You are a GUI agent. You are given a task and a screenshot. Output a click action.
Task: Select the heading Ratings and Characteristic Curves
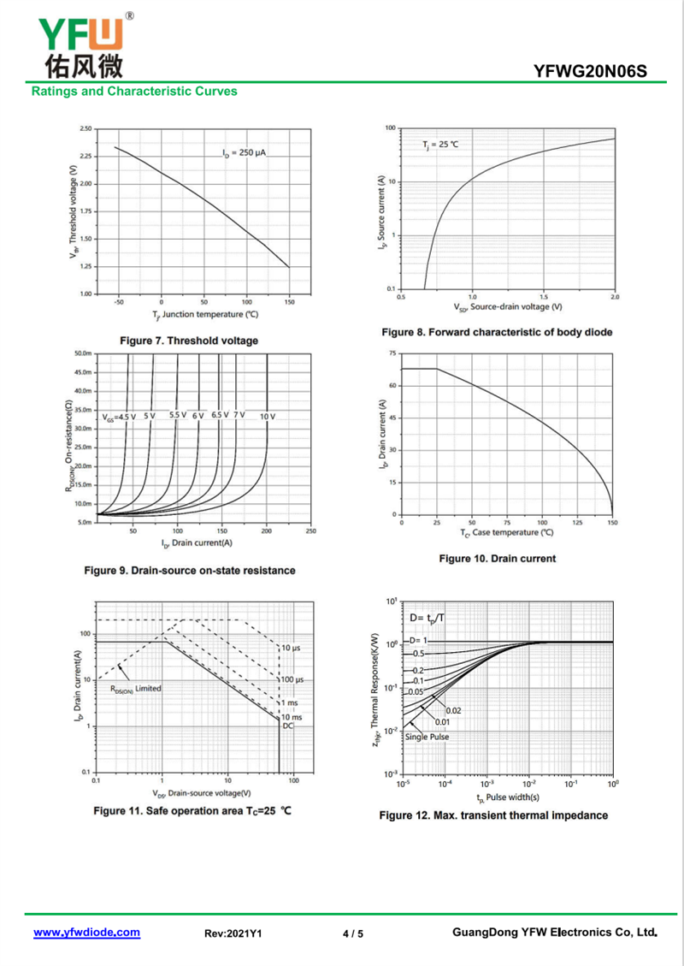(134, 91)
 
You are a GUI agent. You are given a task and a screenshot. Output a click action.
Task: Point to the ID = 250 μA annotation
(245, 153)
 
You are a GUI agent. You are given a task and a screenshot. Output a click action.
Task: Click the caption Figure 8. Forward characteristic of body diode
(497, 332)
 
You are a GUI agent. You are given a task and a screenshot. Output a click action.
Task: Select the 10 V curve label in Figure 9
(268, 417)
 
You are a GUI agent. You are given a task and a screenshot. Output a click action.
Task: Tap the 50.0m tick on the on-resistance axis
(83, 353)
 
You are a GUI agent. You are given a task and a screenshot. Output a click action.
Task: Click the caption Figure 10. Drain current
(497, 559)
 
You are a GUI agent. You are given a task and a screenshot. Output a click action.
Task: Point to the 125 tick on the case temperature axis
(576, 522)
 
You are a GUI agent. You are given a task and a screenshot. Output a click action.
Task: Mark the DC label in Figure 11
(288, 726)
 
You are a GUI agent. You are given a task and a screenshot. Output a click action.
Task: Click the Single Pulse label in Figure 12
(427, 737)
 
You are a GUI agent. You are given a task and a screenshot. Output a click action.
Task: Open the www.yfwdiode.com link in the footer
(86, 933)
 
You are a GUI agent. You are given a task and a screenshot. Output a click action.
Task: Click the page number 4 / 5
(352, 933)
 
